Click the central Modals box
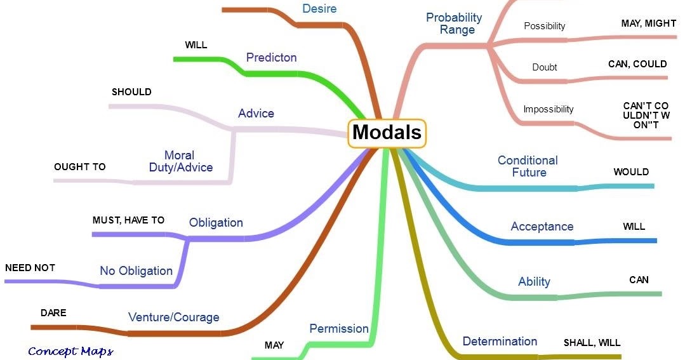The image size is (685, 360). (x=387, y=132)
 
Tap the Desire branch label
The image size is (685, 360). (x=320, y=9)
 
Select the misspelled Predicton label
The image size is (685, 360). (x=271, y=57)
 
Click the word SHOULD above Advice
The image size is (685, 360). (x=131, y=92)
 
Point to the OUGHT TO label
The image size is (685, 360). (x=79, y=167)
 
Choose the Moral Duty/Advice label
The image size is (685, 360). (x=180, y=161)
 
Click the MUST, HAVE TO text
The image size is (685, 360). (x=128, y=220)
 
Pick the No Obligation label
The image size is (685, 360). (x=136, y=271)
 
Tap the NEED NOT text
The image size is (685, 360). (x=30, y=268)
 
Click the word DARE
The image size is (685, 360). (x=53, y=313)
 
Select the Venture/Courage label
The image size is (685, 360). (x=173, y=317)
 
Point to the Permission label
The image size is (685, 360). (x=338, y=328)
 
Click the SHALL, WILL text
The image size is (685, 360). (x=592, y=343)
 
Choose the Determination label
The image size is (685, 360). (x=500, y=342)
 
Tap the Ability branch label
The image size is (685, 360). (x=534, y=282)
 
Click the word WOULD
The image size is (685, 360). (x=630, y=172)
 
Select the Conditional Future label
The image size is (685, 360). (x=528, y=166)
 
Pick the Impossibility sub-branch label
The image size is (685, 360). (x=548, y=109)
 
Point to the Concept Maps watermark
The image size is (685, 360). (x=70, y=351)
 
